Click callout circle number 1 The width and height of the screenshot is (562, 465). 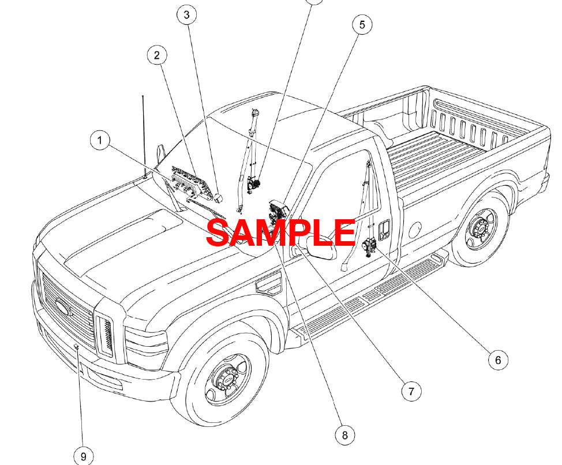[x=100, y=140]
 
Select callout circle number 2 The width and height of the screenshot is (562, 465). [x=156, y=55]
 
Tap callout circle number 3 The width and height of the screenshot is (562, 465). [x=186, y=15]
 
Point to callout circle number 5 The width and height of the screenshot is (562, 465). [x=362, y=24]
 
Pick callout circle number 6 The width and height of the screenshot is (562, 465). [x=498, y=360]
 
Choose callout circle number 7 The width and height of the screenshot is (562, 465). [x=411, y=392]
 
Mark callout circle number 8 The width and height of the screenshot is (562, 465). [x=345, y=435]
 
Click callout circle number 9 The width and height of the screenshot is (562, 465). [x=84, y=456]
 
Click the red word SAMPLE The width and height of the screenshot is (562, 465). [x=280, y=232]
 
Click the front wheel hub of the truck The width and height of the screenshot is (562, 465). [x=230, y=380]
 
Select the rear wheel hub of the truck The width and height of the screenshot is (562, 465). [x=479, y=230]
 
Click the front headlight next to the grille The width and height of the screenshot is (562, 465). [x=106, y=337]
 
